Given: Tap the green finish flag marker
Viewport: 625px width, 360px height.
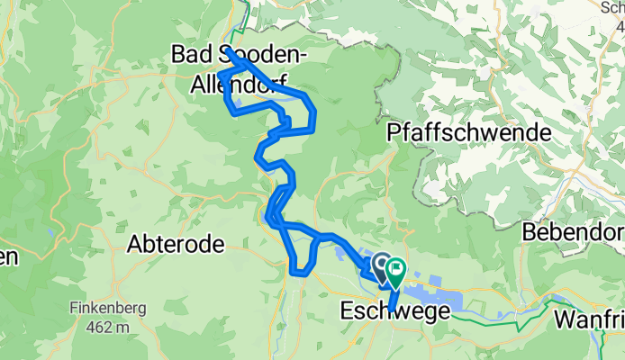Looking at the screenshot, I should (x=395, y=267).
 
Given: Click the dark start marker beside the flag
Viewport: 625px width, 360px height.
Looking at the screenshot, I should (x=381, y=264).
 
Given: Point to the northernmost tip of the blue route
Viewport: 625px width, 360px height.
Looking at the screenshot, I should (x=228, y=50).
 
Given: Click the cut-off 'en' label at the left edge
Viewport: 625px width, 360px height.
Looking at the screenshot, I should (x=8, y=256).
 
